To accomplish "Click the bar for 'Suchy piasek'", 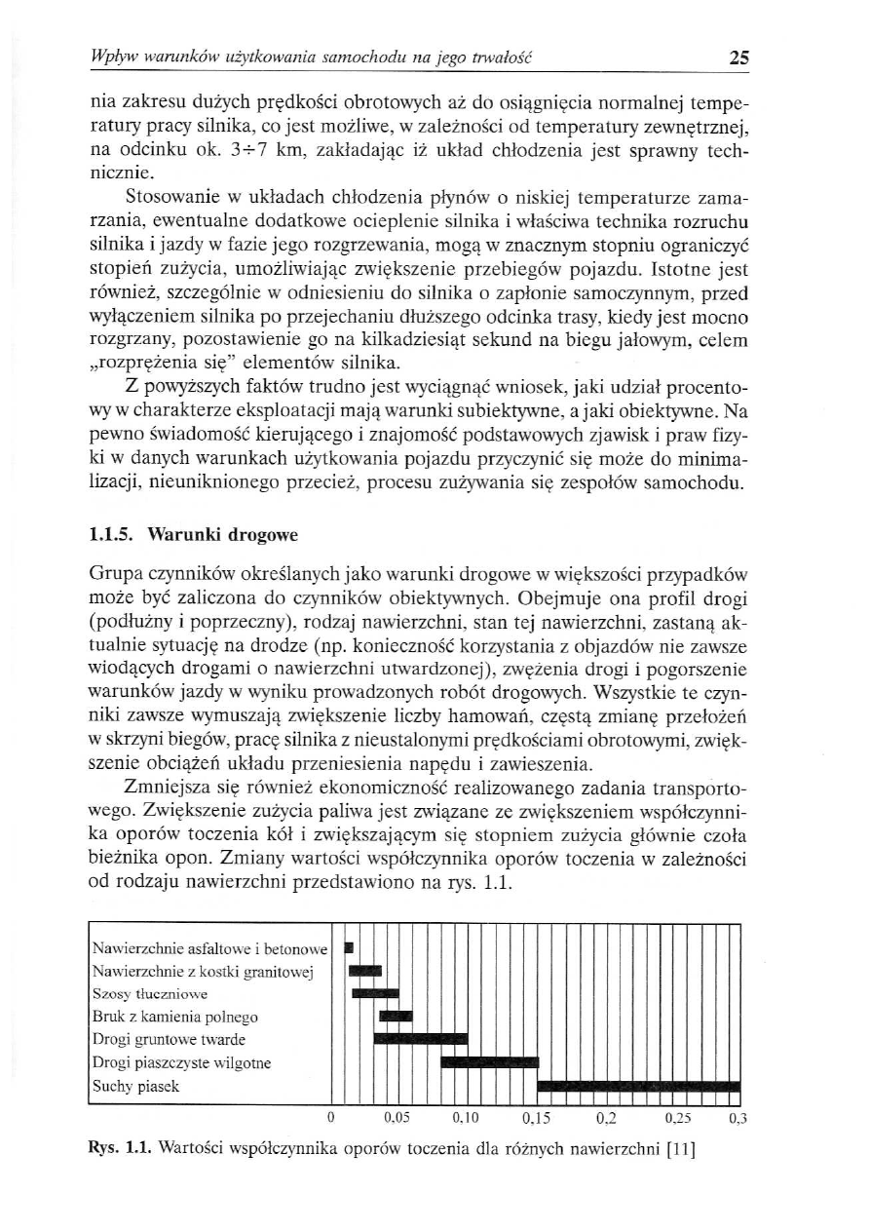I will tap(638, 1087).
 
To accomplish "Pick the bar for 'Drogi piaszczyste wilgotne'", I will tap(490, 1062).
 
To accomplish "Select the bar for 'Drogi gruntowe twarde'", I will tap(421, 1039).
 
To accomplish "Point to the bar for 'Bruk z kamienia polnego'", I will tap(396, 1017).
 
